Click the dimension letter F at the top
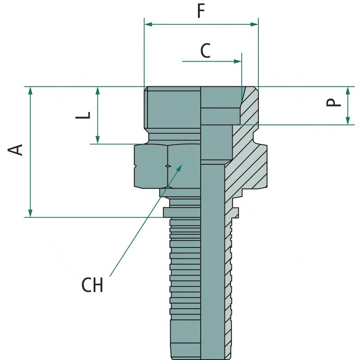coord(201,11)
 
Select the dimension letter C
coord(205,51)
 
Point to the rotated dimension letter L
coord(84,115)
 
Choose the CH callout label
coord(92,285)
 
